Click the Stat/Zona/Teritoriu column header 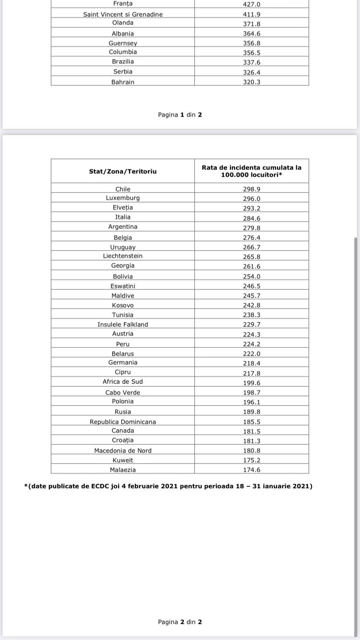click(x=123, y=171)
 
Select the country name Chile click(x=123, y=189)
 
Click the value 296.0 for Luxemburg click(x=252, y=199)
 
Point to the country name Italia click(x=123, y=217)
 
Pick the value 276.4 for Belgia click(x=252, y=237)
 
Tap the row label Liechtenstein click(x=123, y=256)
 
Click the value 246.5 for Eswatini click(x=252, y=286)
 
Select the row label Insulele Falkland click(x=123, y=324)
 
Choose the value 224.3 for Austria click(x=252, y=334)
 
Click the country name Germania click(x=123, y=363)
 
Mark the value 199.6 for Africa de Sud click(x=252, y=383)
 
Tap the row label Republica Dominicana click(x=123, y=422)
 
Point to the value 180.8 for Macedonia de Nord click(x=252, y=451)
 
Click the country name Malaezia click(x=123, y=470)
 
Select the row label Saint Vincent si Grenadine click(x=123, y=14)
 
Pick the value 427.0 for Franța click(x=252, y=4)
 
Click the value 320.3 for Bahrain click(x=252, y=82)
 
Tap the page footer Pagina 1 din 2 click(x=180, y=115)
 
